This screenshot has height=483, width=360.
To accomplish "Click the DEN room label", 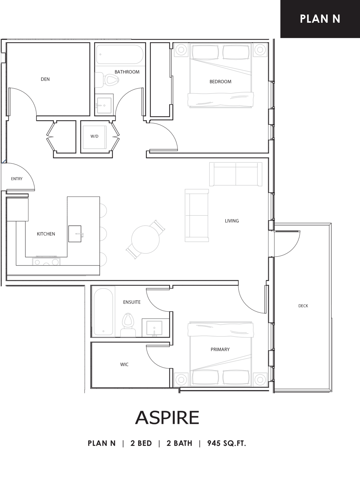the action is tap(45, 79).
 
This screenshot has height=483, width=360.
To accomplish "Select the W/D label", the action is tap(94, 136).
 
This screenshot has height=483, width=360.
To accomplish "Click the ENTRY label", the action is tap(17, 179).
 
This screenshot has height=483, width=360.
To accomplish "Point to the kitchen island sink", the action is tap(75, 234).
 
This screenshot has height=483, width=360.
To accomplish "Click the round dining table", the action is tap(145, 239).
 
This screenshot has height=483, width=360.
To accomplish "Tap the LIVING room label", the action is tap(232, 221).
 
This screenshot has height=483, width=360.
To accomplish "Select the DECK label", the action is tap(303, 306).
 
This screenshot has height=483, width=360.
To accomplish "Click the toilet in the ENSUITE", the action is tap(128, 325).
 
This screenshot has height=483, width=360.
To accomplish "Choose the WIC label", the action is tap(124, 365).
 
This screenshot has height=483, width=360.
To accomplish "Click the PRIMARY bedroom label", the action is tap(220, 349).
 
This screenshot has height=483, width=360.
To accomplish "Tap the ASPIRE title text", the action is tap(167, 417).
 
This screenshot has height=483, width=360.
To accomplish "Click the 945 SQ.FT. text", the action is tap(226, 443).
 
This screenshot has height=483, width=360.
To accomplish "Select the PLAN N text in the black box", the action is tap(320, 19).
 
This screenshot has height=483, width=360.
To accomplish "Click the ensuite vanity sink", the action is tap(154, 328).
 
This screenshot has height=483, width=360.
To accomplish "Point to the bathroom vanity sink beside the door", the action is tap(104, 105).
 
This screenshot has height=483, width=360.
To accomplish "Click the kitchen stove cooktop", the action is tap(46, 261).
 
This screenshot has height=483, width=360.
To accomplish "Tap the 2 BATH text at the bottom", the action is tap(179, 443).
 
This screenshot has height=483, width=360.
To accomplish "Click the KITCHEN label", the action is tap(46, 234).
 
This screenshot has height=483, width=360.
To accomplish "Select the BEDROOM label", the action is tap(221, 82).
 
